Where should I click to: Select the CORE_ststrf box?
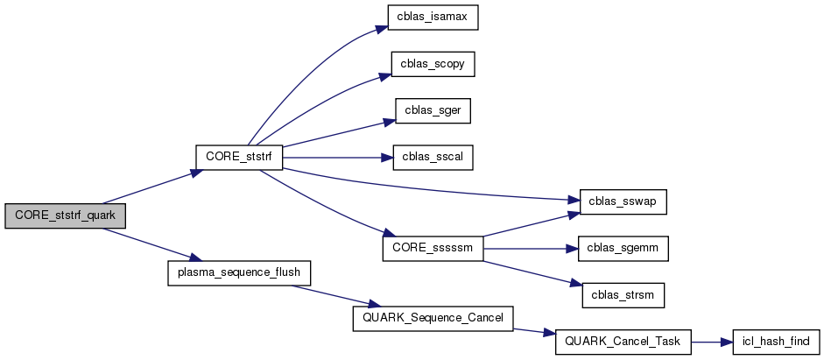point(237,158)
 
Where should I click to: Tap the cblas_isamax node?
point(433,18)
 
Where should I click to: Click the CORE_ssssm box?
point(433,249)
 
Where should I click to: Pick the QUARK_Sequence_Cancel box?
point(433,318)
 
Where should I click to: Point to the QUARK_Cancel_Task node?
point(623,342)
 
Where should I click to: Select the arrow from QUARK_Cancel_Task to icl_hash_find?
point(711,342)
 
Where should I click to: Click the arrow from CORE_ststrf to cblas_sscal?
point(333,158)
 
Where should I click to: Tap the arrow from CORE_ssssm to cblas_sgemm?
point(530,249)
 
